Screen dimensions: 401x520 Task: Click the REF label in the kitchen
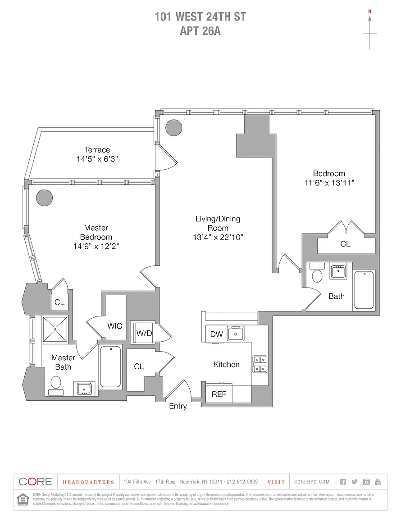(x=219, y=394)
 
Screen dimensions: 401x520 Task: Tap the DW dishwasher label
(x=217, y=334)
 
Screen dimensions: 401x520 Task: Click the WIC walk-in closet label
(x=114, y=326)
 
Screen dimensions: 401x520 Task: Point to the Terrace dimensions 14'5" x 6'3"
(x=97, y=159)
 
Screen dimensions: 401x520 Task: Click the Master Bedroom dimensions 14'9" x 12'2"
(x=96, y=246)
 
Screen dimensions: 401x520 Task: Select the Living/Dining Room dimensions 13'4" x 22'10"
(x=218, y=237)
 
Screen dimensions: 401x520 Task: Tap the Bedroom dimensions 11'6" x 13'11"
(x=329, y=183)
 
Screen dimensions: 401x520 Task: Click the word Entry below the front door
(x=178, y=406)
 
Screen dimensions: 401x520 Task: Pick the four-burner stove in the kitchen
(x=260, y=364)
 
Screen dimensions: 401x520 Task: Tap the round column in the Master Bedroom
(x=45, y=197)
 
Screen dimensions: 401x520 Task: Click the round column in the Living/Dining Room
(x=173, y=128)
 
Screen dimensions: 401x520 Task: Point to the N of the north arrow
(x=369, y=11)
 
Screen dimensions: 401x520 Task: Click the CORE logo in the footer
(x=36, y=482)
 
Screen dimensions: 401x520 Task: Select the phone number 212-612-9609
(x=242, y=482)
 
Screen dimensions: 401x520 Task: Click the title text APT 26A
(x=200, y=31)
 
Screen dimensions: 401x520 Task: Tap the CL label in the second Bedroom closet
(x=345, y=244)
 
